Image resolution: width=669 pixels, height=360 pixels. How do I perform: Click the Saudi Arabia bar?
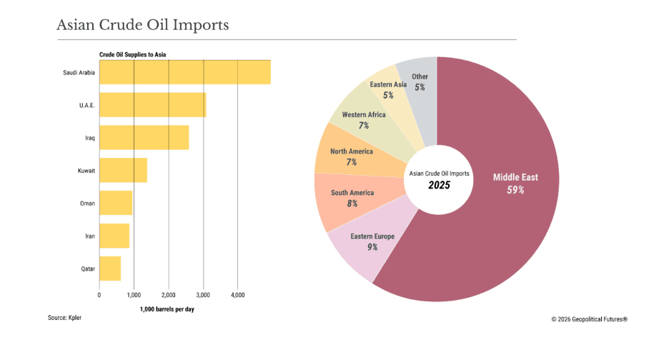(184, 72)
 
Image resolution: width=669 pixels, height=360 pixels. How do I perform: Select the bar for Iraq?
(144, 137)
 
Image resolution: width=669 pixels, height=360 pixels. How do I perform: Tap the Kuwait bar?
(123, 170)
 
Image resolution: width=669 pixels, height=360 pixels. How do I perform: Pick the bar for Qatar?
(110, 268)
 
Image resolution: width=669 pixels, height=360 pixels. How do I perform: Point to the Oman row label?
(87, 203)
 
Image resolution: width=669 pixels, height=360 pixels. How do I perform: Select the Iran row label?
(89, 236)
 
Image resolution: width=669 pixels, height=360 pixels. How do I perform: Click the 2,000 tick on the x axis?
(169, 294)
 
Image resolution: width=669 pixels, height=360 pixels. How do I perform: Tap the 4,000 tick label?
(238, 294)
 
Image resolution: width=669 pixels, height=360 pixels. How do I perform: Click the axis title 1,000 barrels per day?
(167, 309)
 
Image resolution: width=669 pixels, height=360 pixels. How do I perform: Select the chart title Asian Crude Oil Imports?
(142, 25)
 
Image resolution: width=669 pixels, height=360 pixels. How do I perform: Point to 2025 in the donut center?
(439, 185)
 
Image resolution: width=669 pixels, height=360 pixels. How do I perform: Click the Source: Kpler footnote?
(64, 318)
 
